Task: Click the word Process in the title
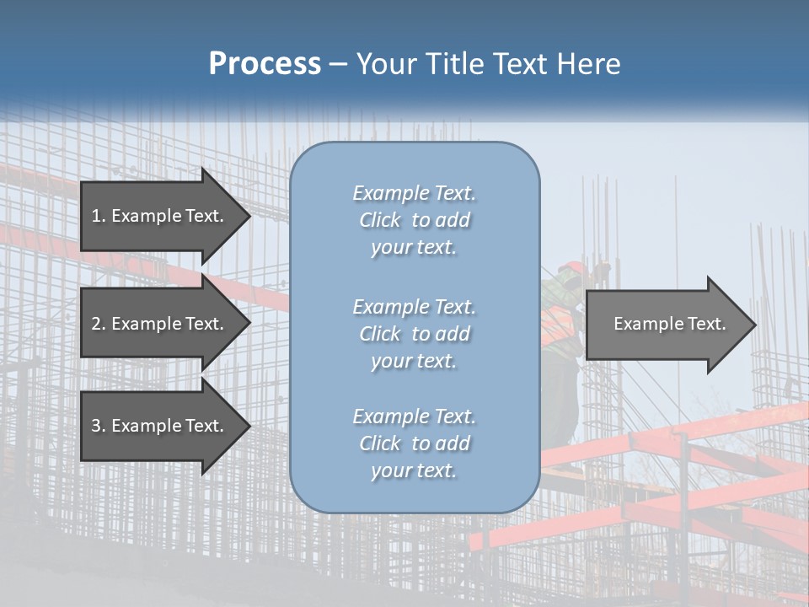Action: click(x=265, y=64)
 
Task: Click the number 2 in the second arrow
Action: click(x=96, y=324)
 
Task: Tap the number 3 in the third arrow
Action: click(x=96, y=426)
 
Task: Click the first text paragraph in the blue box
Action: click(x=414, y=220)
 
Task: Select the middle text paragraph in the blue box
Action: click(x=414, y=334)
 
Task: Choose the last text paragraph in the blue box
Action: click(x=414, y=443)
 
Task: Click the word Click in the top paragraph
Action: click(x=380, y=220)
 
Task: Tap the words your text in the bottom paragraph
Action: click(x=414, y=470)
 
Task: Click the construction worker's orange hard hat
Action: click(x=572, y=267)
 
